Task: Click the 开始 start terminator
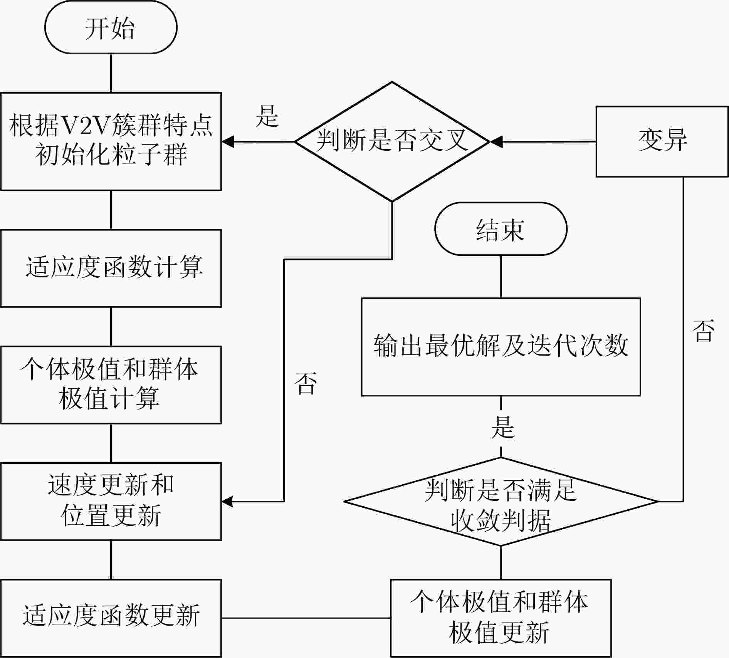point(111,27)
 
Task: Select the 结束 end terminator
point(501,229)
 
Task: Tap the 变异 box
point(662,141)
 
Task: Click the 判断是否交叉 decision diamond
point(392,141)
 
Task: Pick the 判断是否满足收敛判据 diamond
point(501,502)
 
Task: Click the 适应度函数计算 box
point(111,268)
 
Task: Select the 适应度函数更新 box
point(111,618)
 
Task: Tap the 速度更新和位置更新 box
point(111,502)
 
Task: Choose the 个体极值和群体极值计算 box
point(111,385)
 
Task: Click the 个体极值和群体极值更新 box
point(501,618)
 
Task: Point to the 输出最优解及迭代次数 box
point(501,347)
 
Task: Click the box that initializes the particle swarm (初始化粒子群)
point(111,141)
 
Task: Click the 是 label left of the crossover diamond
point(267,116)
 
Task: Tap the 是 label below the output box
point(503,427)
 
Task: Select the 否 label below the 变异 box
point(703,330)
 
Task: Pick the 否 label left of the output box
point(306,383)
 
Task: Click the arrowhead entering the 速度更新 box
point(227,502)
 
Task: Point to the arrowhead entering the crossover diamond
point(496,142)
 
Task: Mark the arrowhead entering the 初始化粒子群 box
point(228,142)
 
